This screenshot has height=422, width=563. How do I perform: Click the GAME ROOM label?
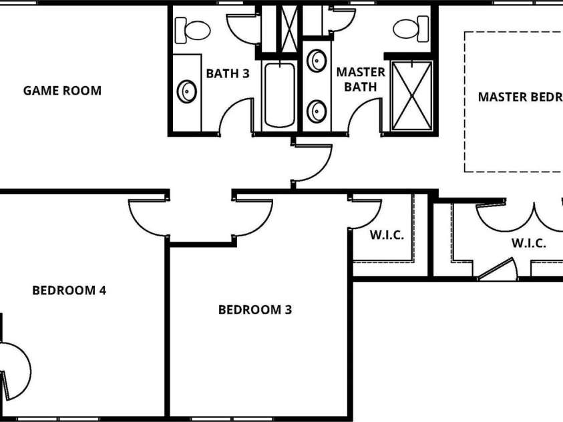pyautogui.click(x=62, y=90)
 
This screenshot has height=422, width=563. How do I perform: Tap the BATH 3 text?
pyautogui.click(x=227, y=73)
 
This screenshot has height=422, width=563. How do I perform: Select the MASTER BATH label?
pyautogui.click(x=360, y=79)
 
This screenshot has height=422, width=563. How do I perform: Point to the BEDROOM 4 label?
pyautogui.click(x=69, y=290)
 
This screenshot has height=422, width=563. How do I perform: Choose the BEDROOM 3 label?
pyautogui.click(x=254, y=309)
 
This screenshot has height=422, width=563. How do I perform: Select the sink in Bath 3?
pyautogui.click(x=186, y=91)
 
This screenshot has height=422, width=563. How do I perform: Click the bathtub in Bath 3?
pyautogui.click(x=279, y=94)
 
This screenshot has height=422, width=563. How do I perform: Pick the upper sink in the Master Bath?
pyautogui.click(x=317, y=61)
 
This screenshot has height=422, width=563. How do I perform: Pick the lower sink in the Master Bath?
pyautogui.click(x=317, y=108)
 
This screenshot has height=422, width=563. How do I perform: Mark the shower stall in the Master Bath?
pyautogui.click(x=411, y=95)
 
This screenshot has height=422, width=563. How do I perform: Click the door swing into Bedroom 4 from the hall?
pyautogui.click(x=146, y=217)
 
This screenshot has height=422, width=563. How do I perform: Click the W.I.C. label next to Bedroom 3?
pyautogui.click(x=387, y=235)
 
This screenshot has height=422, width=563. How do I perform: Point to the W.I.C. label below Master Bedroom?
pyautogui.click(x=529, y=243)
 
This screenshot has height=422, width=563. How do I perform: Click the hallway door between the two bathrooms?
pyautogui.click(x=311, y=162)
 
